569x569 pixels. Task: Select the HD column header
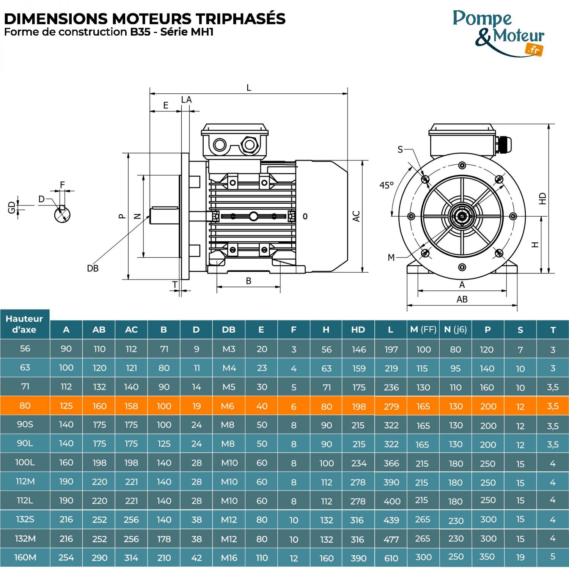[358, 330]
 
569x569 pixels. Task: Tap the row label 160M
[25, 557]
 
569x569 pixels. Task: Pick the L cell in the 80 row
[391, 406]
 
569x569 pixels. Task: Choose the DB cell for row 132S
[229, 520]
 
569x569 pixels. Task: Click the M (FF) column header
[423, 330]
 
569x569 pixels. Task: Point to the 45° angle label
[387, 185]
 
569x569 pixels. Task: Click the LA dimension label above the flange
[186, 100]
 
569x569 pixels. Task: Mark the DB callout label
[93, 269]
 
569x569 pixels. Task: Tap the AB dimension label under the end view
[462, 299]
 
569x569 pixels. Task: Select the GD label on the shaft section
[11, 207]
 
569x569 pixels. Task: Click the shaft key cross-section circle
[62, 215]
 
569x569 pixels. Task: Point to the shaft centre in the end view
[462, 217]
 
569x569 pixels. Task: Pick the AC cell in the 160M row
[131, 558]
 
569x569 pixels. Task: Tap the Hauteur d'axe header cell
[25, 324]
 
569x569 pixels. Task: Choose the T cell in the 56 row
[553, 349]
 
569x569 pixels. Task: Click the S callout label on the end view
[400, 149]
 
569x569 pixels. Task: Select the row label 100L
[25, 463]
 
